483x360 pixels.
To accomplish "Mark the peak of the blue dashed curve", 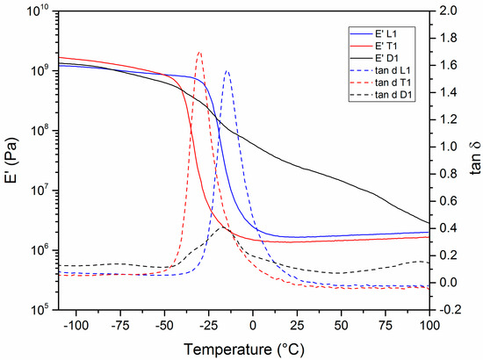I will [x=227, y=71].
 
